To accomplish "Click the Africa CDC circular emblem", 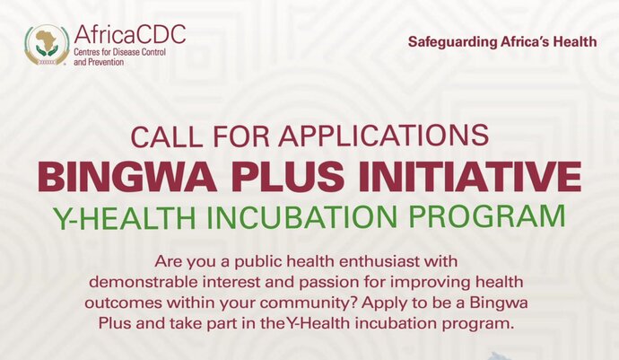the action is [x=47, y=45].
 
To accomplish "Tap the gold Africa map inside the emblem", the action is [x=47, y=39].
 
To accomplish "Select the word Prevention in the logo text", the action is [x=105, y=62].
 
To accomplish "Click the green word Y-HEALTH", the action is [x=125, y=217].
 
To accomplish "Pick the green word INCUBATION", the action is [x=302, y=217].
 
